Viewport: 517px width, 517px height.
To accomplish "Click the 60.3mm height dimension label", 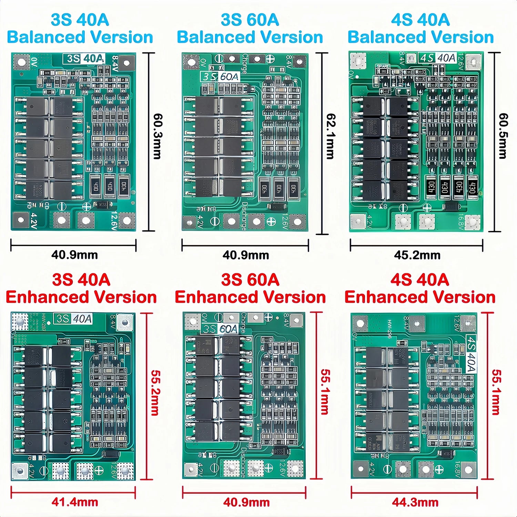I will coord(157,136).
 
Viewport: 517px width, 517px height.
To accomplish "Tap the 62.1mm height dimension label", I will coord(330,136).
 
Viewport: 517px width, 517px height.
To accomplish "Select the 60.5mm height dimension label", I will coord(503,136).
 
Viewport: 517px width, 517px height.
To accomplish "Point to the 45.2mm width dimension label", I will coord(417,255).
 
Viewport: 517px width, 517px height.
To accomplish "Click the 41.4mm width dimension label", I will coord(74,502).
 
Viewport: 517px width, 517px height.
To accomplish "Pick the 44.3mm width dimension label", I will coord(415,502).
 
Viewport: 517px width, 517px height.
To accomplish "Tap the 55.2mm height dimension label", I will coord(155,393).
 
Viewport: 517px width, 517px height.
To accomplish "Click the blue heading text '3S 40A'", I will coord(80,20).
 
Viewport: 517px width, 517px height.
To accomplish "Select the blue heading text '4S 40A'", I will coord(420,20).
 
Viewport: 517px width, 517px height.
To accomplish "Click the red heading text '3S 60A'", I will coord(250,280).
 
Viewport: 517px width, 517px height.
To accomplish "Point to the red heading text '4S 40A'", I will coord(419,280).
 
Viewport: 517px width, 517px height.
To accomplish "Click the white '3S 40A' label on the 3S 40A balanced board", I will coord(84,59).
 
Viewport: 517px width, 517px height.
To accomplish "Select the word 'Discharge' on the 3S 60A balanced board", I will coord(244,216).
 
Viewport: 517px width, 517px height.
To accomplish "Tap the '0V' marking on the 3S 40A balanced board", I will coord(33,62).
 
